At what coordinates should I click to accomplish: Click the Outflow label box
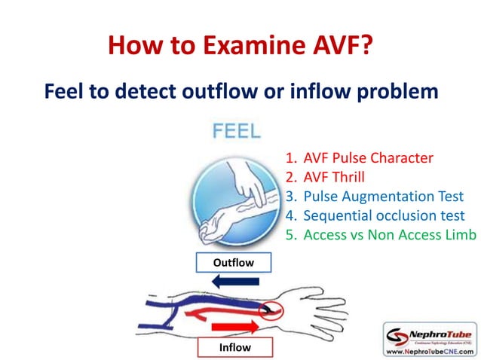click(x=233, y=263)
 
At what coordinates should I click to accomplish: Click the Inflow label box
click(x=234, y=347)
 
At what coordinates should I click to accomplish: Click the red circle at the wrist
click(x=269, y=310)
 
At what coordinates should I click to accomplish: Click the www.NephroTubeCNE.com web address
click(x=430, y=351)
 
